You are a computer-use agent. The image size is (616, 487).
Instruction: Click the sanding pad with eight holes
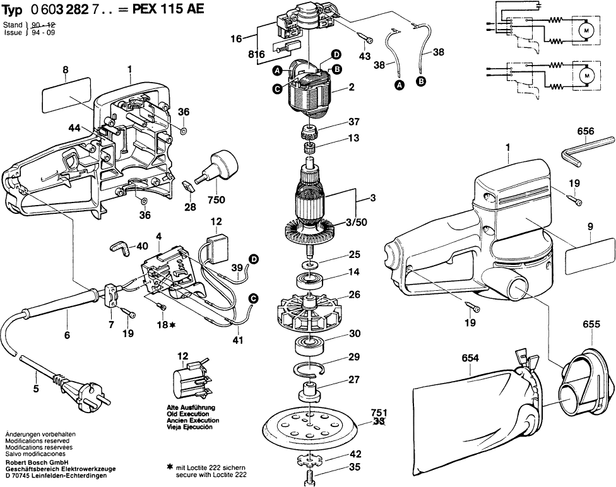pyautogui.click(x=310, y=426)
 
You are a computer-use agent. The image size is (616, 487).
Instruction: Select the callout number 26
pyautogui.click(x=355, y=295)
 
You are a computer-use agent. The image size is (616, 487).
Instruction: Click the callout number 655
pyautogui.click(x=591, y=324)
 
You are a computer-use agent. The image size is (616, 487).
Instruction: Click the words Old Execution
pyautogui.click(x=192, y=414)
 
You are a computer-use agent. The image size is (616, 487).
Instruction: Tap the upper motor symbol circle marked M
pyautogui.click(x=584, y=30)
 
